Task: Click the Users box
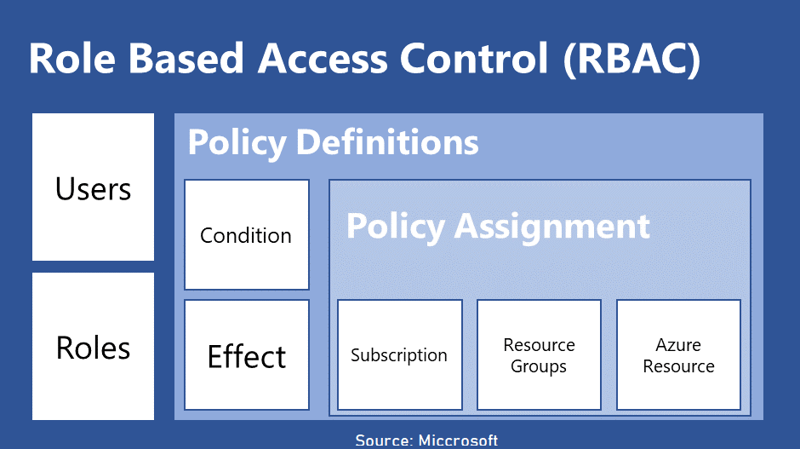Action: [93, 187]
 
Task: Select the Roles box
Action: [93, 346]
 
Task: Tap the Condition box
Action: [246, 234]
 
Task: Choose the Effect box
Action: [246, 355]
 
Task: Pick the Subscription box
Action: [399, 355]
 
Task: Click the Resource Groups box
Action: [539, 355]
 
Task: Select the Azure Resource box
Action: [678, 355]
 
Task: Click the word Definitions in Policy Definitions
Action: [387, 142]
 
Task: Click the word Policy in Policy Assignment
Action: [395, 226]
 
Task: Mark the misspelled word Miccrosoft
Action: [458, 440]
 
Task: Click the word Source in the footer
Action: [383, 440]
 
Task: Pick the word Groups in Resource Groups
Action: [539, 367]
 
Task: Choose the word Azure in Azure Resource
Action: [678, 345]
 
